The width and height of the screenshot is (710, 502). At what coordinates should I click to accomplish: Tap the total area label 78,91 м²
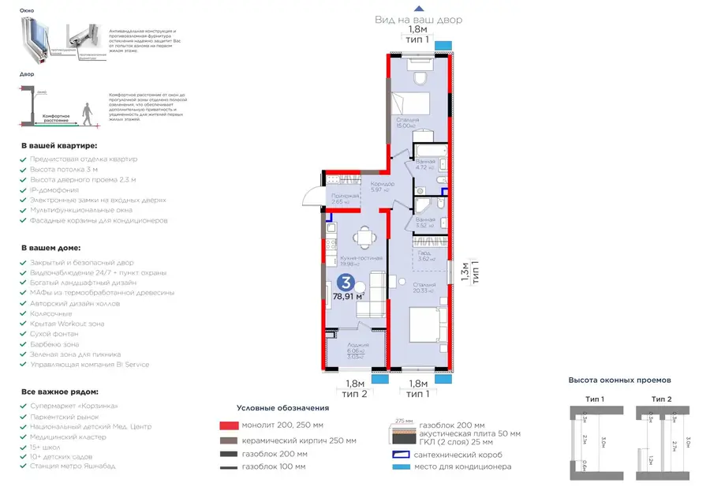point(349,297)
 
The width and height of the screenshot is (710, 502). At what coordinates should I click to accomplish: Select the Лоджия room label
point(357,347)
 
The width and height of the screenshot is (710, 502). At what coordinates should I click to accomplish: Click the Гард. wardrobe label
point(424,253)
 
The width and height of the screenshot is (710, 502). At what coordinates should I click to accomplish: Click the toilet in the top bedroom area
point(419,77)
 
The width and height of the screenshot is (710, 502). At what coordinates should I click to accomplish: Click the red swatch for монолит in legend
point(229,425)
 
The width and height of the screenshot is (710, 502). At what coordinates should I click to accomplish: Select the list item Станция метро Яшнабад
point(73,466)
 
